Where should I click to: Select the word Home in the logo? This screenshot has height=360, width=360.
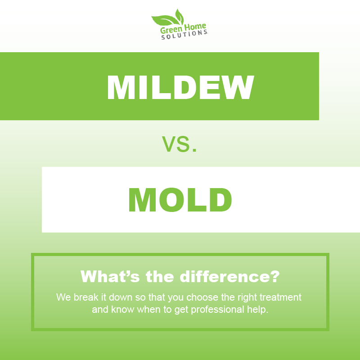(x=195, y=27)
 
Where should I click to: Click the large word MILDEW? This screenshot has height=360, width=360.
(x=180, y=87)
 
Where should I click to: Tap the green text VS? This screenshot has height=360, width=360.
(x=179, y=144)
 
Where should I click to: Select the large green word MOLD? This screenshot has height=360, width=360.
(x=180, y=200)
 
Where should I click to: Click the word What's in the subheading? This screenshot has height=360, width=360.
(x=110, y=276)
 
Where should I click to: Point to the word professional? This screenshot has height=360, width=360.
(x=218, y=310)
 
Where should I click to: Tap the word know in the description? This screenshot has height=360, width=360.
(x=122, y=309)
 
